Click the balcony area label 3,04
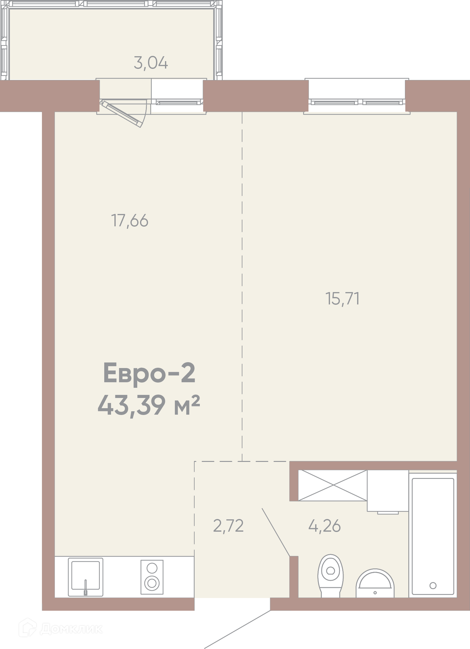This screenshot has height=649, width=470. [151, 63]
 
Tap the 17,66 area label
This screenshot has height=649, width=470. [130, 221]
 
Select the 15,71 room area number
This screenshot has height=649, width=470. [343, 299]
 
